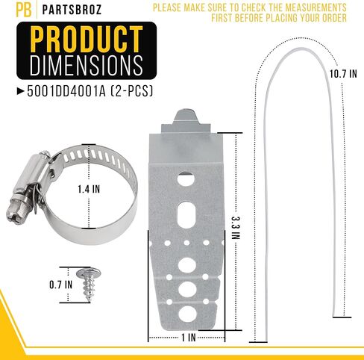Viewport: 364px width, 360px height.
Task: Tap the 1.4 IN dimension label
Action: point(88,189)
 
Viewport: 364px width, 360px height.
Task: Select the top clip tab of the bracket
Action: point(185,120)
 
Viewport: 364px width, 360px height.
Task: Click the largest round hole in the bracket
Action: point(186,287)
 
